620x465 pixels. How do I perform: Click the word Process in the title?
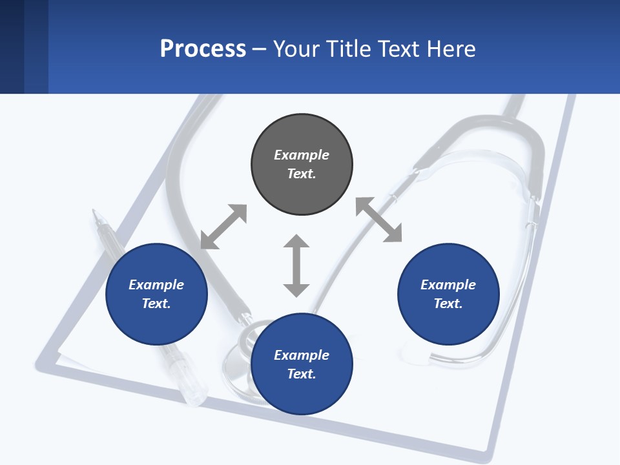[x=203, y=49]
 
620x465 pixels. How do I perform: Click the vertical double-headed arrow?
[x=296, y=265]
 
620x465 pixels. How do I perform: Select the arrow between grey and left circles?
[x=223, y=227]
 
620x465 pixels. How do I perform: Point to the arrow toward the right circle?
[x=379, y=220]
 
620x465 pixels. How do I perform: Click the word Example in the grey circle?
[x=302, y=155]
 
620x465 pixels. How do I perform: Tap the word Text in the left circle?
[x=156, y=304]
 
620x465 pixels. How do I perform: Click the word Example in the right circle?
[x=448, y=285]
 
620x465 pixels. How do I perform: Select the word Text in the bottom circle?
[x=302, y=374]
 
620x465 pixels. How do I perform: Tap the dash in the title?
[x=259, y=50]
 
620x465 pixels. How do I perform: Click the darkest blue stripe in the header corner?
[x=12, y=46]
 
